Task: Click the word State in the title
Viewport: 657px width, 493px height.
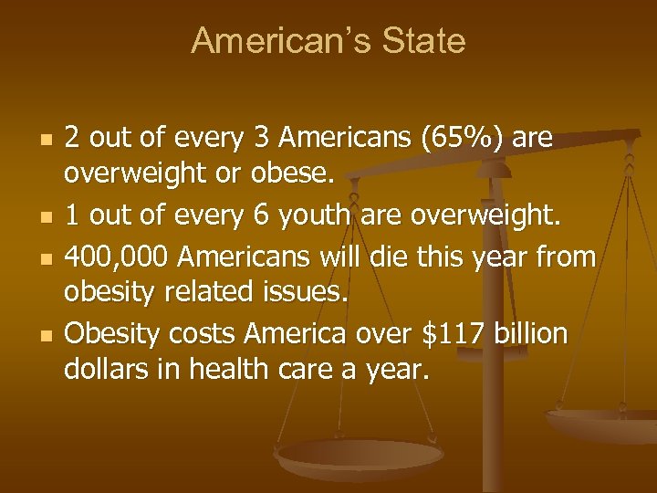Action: coord(425,41)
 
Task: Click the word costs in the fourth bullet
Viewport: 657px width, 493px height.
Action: coord(201,334)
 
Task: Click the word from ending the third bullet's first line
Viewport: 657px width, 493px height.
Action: coord(562,257)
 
